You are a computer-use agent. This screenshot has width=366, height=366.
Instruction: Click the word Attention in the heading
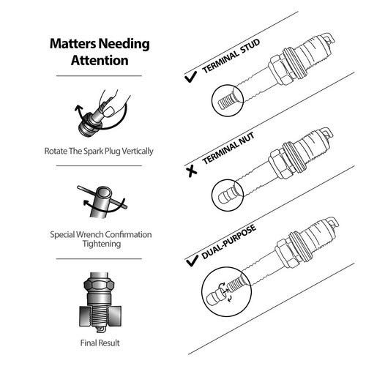tap(100, 60)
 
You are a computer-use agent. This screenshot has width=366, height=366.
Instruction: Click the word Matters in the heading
tap(72, 43)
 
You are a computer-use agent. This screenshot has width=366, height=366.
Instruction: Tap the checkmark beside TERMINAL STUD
tap(190, 78)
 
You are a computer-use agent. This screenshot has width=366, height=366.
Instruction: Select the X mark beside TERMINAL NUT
tap(192, 171)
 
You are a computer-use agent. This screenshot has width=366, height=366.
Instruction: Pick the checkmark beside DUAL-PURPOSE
tap(192, 261)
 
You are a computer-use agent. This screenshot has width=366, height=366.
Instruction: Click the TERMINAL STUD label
tap(231, 56)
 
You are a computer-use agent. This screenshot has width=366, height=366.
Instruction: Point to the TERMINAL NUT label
tap(228, 149)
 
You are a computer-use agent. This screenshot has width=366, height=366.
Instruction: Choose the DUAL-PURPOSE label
tap(229, 242)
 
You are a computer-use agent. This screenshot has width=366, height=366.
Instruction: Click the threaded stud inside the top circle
tap(225, 101)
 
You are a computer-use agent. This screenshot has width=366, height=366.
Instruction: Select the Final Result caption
tap(100, 343)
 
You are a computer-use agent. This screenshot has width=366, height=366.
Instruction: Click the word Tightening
tap(102, 244)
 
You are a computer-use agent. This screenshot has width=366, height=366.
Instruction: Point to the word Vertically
tap(138, 151)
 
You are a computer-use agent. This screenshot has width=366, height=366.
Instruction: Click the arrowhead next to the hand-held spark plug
tap(78, 108)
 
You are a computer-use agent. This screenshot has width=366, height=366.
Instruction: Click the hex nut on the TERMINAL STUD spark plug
tap(280, 70)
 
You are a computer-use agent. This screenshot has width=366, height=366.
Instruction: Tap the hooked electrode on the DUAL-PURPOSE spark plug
tap(333, 222)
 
